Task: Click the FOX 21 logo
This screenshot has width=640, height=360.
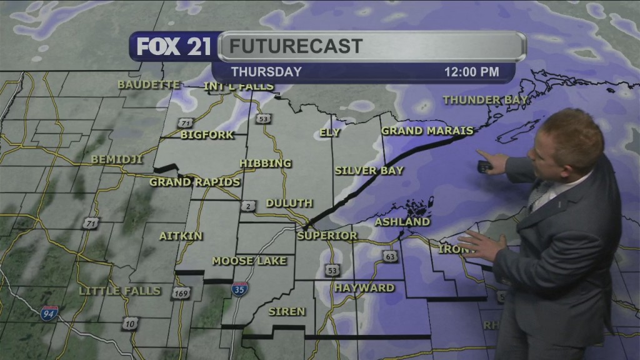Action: (x=174, y=47)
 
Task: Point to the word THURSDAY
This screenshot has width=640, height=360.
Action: (x=266, y=72)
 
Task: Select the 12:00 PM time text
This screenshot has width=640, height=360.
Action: (x=471, y=72)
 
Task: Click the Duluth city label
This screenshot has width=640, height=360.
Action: (x=289, y=203)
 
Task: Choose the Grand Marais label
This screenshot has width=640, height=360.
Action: (x=427, y=131)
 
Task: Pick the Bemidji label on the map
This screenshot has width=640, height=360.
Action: (x=117, y=159)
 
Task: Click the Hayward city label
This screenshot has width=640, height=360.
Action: (x=364, y=288)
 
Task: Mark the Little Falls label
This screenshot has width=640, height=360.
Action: (x=120, y=291)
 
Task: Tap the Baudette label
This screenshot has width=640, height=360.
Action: (x=149, y=84)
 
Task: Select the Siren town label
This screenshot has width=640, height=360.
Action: (x=287, y=311)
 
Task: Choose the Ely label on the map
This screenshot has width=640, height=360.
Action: (x=329, y=132)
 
